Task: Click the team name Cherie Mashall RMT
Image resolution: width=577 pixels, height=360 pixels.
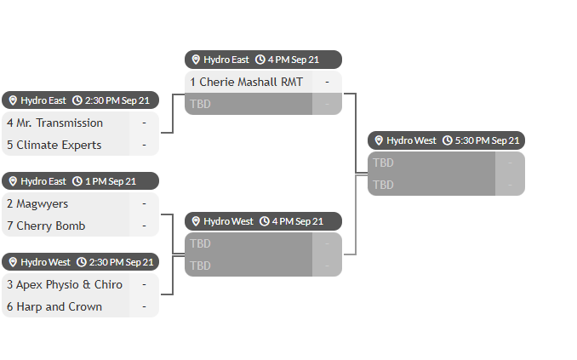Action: pos(251,82)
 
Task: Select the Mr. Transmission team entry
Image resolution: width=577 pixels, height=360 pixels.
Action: pos(60,123)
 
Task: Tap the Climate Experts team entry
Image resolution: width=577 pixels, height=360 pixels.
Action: pos(59,145)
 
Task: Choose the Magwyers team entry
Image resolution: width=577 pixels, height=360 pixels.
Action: pos(42,204)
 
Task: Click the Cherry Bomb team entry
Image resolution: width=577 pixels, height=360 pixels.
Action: pos(51,226)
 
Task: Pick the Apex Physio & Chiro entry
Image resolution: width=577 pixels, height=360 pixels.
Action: pos(69,284)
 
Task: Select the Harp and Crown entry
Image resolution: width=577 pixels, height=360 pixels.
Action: pos(60,306)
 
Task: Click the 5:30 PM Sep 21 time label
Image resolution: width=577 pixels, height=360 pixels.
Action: pos(487,140)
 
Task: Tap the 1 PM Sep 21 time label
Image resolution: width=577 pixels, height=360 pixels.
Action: pos(111,181)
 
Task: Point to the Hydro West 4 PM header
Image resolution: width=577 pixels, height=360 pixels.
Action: pos(263,221)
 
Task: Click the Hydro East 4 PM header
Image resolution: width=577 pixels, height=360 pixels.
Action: pos(263,60)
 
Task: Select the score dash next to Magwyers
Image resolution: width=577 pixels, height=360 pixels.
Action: pos(145,203)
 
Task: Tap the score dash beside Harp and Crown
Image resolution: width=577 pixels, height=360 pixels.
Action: pos(145,306)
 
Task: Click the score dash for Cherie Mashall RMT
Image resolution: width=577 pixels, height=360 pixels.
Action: pos(327,82)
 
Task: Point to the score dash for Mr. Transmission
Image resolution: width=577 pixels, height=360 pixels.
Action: pos(145,123)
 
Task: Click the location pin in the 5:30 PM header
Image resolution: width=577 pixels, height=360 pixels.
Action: pos(379,140)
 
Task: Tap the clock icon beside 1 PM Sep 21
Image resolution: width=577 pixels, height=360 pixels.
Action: pos(77,181)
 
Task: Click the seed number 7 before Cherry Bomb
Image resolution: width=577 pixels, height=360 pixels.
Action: pos(10,226)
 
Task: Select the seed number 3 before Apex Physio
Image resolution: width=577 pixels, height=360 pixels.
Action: pos(10,284)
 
